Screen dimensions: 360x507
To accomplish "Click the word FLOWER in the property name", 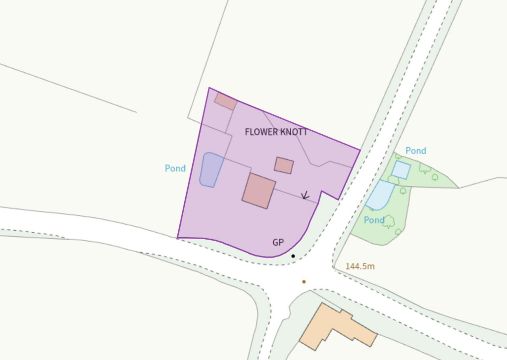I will point(262,132).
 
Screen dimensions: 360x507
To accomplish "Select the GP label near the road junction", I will point(278,243).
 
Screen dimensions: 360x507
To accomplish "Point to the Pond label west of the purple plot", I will point(175,168).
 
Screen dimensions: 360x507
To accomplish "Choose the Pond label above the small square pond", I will point(416,151).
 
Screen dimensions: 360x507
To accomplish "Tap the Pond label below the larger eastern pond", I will point(374,220).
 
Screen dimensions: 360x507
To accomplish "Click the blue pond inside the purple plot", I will point(210,169).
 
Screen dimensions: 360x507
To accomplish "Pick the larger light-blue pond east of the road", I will point(380,195).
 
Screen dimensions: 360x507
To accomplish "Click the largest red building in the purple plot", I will point(259,191).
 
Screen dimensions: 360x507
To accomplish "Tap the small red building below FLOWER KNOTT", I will point(284,165).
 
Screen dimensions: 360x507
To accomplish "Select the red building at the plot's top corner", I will point(226,101).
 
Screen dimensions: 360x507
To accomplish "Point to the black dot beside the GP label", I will point(293,256).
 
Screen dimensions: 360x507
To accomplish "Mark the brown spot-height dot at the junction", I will point(304,282).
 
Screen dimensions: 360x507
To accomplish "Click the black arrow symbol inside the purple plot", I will point(305,196).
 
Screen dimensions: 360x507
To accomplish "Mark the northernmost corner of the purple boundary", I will point(209,88).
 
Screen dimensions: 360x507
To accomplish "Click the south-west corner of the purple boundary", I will point(177,238).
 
